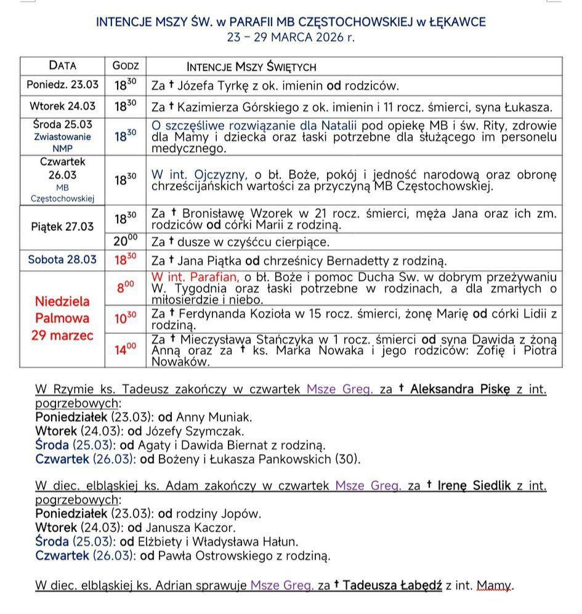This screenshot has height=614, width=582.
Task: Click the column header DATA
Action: pos(63,66)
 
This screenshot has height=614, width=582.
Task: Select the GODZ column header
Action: pos(126,66)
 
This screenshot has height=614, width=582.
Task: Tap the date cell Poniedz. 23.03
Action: pos(63,85)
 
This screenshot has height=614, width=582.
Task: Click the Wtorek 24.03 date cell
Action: pos(63,107)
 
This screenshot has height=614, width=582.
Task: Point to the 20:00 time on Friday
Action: pos(126,241)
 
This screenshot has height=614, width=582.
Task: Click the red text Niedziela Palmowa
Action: pos(62,310)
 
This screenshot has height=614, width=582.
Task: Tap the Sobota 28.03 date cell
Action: pos(62,259)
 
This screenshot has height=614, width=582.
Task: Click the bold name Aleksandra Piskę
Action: pos(460,389)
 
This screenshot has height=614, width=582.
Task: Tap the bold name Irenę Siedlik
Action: pos(474,486)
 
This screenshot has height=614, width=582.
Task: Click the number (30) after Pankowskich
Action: pos(347,459)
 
